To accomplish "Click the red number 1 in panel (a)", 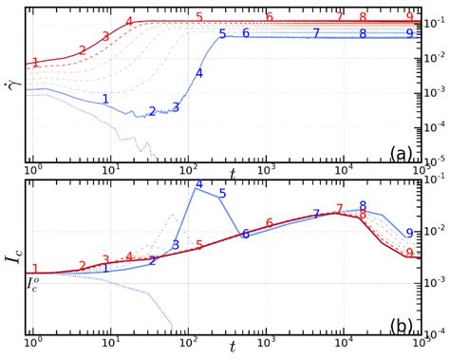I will [35, 63].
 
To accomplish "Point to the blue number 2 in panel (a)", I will [152, 112].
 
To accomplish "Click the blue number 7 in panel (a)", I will [316, 33].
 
